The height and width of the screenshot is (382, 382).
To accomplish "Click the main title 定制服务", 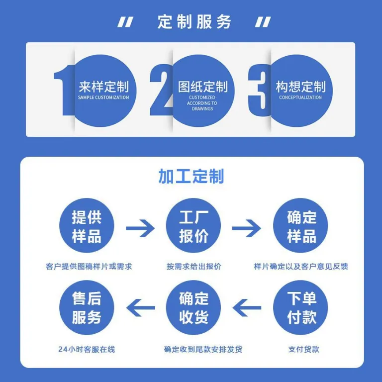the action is pyautogui.click(x=194, y=22).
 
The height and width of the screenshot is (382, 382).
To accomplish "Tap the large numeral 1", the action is pyautogui.click(x=64, y=90).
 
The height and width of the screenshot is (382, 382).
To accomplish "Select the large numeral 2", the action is pyautogui.click(x=161, y=90).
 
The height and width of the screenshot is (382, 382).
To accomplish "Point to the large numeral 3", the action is pyautogui.click(x=260, y=90).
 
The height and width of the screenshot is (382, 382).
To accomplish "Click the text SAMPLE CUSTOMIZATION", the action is pyautogui.click(x=103, y=97).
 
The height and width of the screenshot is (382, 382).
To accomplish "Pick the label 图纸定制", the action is pyautogui.click(x=203, y=87).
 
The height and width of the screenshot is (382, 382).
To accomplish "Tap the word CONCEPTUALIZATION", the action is pyautogui.click(x=300, y=97).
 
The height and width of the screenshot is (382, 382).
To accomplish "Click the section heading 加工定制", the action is pyautogui.click(x=191, y=176).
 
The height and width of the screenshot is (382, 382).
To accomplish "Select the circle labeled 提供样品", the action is pyautogui.click(x=87, y=225).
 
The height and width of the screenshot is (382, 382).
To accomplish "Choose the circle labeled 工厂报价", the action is pyautogui.click(x=193, y=225).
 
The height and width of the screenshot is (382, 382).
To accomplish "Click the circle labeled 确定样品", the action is pyautogui.click(x=300, y=225).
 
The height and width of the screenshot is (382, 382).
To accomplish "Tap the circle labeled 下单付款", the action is pyautogui.click(x=300, y=307).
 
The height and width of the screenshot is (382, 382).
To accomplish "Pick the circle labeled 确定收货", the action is pyautogui.click(x=193, y=307).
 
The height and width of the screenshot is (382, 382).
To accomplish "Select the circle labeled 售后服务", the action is pyautogui.click(x=87, y=307).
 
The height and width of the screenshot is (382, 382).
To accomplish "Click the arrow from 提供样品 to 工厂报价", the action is pyautogui.click(x=140, y=228).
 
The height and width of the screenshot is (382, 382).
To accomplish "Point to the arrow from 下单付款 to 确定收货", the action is pyautogui.click(x=247, y=308).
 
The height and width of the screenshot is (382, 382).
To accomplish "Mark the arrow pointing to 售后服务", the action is pyautogui.click(x=141, y=308).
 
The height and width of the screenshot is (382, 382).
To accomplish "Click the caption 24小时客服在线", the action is pyautogui.click(x=87, y=349).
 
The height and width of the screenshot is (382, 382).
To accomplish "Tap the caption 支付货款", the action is pyautogui.click(x=303, y=349).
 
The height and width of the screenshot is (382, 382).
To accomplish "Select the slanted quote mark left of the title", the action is pyautogui.click(x=125, y=22).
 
